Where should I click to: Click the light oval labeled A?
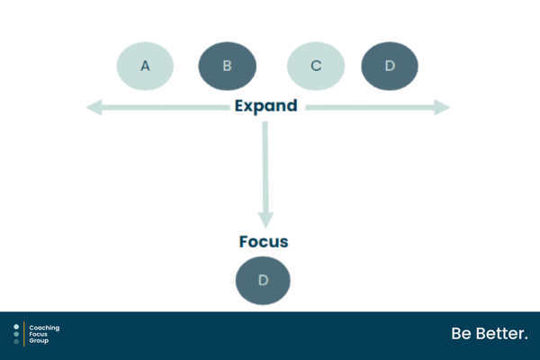[145, 66]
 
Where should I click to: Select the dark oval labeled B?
[228, 66]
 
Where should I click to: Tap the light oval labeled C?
[316, 66]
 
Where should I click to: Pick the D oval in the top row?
[390, 66]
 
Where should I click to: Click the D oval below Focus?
[263, 281]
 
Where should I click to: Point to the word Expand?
[265, 106]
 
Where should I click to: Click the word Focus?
[264, 241]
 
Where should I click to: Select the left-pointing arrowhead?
[94, 107]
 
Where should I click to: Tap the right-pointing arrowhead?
[442, 107]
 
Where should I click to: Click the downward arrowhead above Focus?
[265, 220]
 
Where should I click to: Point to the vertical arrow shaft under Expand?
[265, 167]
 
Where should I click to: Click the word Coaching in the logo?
[44, 328]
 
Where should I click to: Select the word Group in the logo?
[39, 341]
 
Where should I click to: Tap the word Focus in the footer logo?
[38, 334]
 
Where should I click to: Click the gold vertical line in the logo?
[24, 334]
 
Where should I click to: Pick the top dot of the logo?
[16, 327]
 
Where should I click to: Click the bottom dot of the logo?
[16, 341]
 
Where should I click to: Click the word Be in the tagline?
[461, 334]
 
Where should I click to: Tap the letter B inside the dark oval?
[228, 66]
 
